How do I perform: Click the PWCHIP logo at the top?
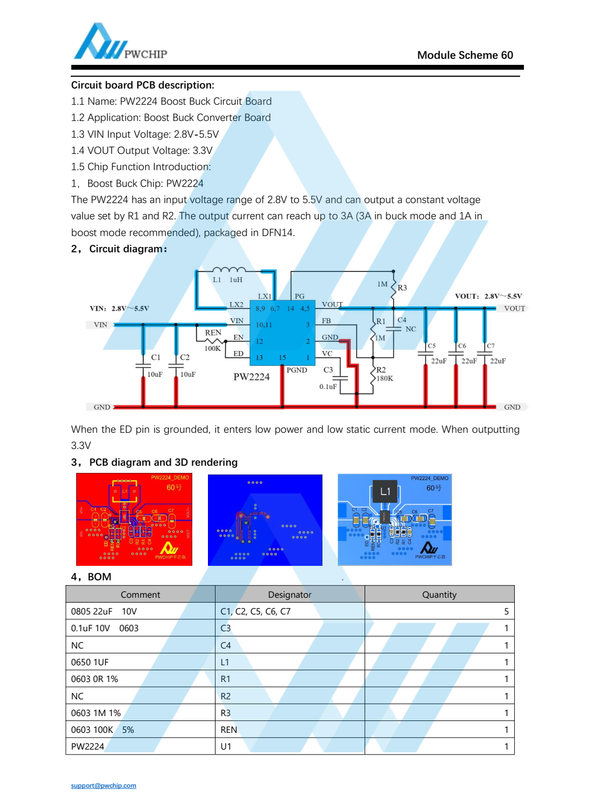pyautogui.click(x=120, y=43)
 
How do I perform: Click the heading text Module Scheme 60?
pyautogui.click(x=465, y=55)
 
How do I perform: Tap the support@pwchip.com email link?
pyautogui.click(x=103, y=785)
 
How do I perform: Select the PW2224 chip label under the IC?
pyautogui.click(x=251, y=377)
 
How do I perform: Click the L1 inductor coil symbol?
pyautogui.click(x=229, y=270)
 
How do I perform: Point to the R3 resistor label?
pyautogui.click(x=402, y=288)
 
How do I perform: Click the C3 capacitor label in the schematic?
pyautogui.click(x=328, y=370)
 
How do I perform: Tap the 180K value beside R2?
pyautogui.click(x=385, y=378)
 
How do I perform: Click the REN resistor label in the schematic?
pyautogui.click(x=213, y=332)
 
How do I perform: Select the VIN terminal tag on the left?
pyautogui.click(x=100, y=325)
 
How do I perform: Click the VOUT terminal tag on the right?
pyautogui.click(x=514, y=309)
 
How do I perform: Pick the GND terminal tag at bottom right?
pyautogui.click(x=512, y=407)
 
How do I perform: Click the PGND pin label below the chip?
pyautogui.click(x=297, y=370)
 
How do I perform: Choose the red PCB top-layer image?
pyautogui.click(x=134, y=519)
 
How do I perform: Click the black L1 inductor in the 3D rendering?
pyautogui.click(x=385, y=491)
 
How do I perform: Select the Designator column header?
pyautogui.click(x=290, y=594)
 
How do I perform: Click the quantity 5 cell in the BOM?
pyautogui.click(x=506, y=611)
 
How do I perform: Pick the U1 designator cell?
pyautogui.click(x=226, y=746)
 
